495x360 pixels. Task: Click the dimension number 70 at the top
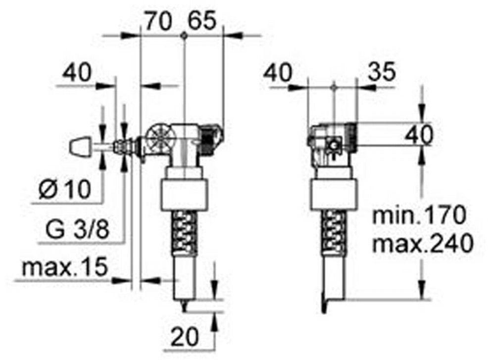[158, 21]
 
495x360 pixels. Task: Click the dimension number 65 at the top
[202, 21]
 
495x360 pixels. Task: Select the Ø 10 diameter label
[65, 190]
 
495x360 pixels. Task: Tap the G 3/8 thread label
[77, 230]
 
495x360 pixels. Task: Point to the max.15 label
[65, 268]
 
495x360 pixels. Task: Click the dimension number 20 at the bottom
[185, 336]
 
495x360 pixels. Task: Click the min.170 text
[419, 215]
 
